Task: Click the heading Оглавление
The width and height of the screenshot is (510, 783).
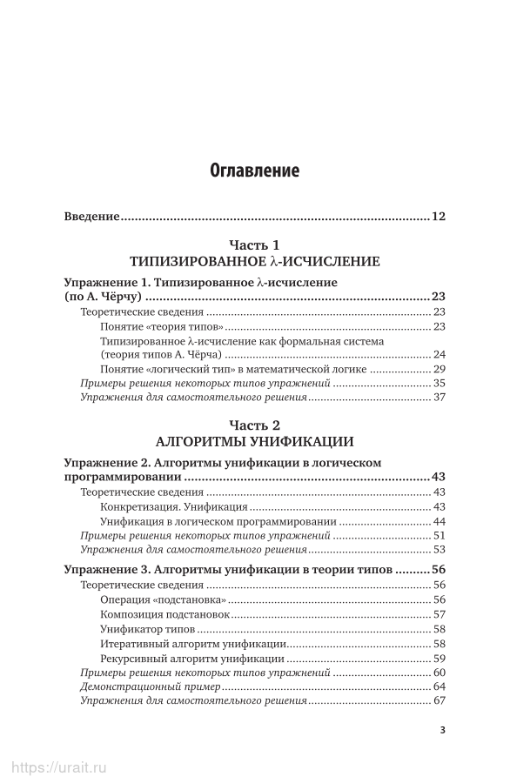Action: [x=255, y=171]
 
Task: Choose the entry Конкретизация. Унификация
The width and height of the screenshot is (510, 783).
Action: [x=175, y=507]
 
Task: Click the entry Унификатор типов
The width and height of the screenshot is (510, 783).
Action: [x=148, y=629]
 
